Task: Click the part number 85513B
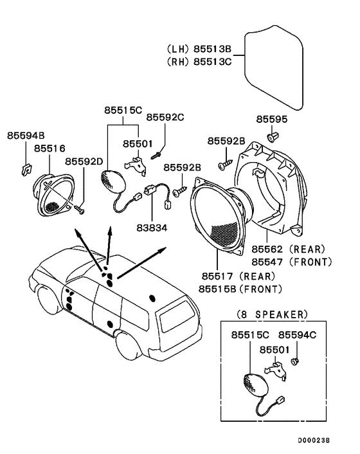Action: coord(212,49)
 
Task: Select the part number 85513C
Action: coord(212,62)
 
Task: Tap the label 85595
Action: coord(272,120)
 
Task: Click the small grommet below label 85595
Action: coord(272,137)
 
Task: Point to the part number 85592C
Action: coord(165,117)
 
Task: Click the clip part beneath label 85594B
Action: coord(26,170)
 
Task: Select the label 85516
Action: coord(50,149)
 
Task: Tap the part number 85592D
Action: coord(84,161)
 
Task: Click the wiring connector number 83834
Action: coord(152,228)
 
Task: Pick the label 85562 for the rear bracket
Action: coord(267,249)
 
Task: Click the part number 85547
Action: coord(267,262)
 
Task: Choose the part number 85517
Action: coord(217,277)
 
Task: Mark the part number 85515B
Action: coord(217,289)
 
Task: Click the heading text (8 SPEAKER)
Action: coord(272,314)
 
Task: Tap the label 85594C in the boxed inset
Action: coord(297,335)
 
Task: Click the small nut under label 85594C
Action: coord(295,361)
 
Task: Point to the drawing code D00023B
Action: coord(314,440)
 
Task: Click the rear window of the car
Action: coord(177,315)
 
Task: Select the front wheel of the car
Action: coord(48,301)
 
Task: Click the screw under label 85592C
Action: coord(156,156)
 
